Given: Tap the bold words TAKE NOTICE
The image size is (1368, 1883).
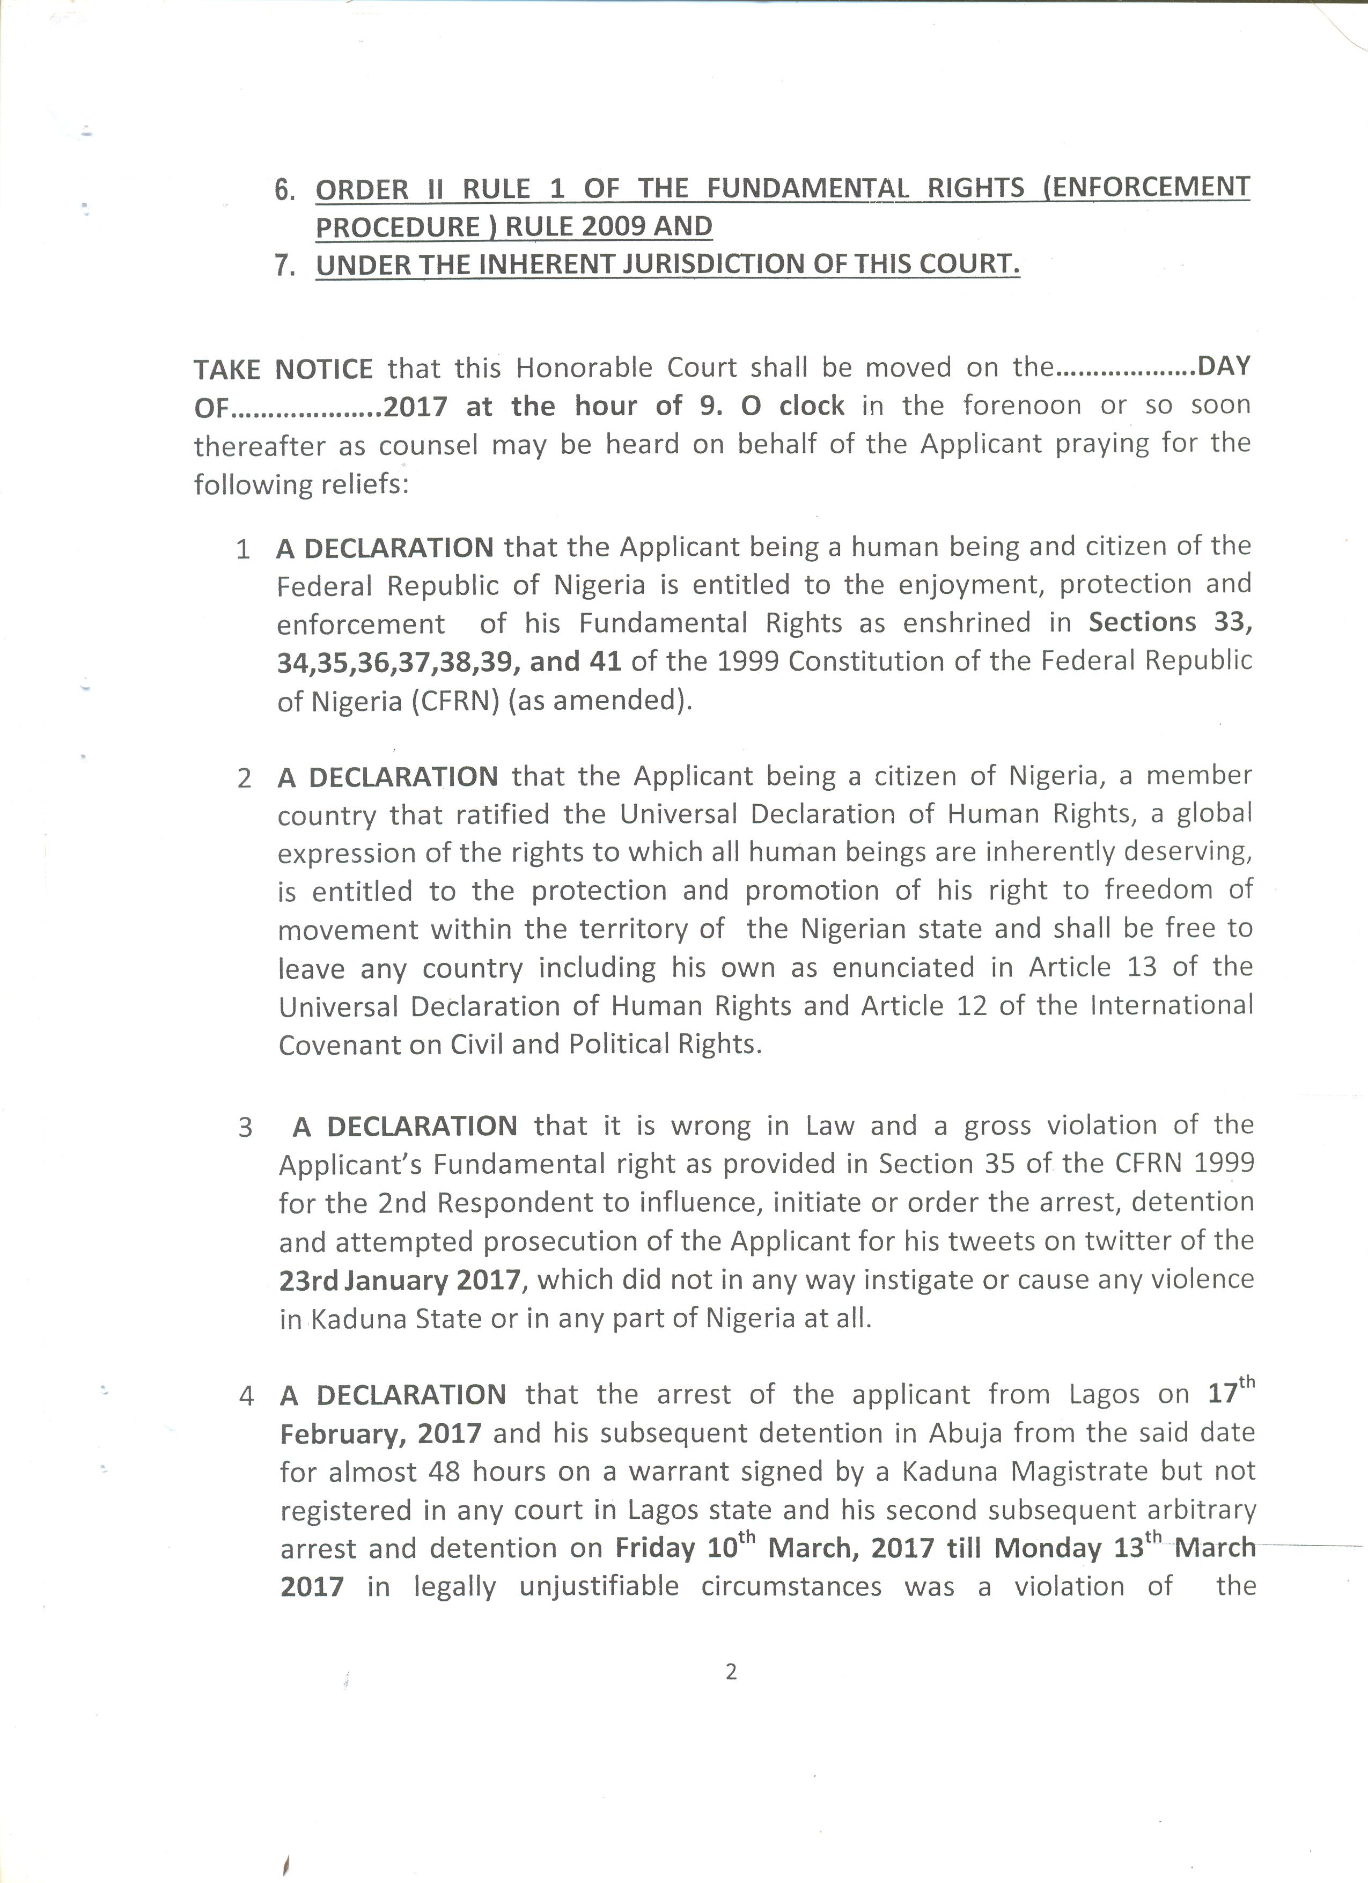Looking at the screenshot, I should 283,368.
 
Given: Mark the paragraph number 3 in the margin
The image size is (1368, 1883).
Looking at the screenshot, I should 245,1128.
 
